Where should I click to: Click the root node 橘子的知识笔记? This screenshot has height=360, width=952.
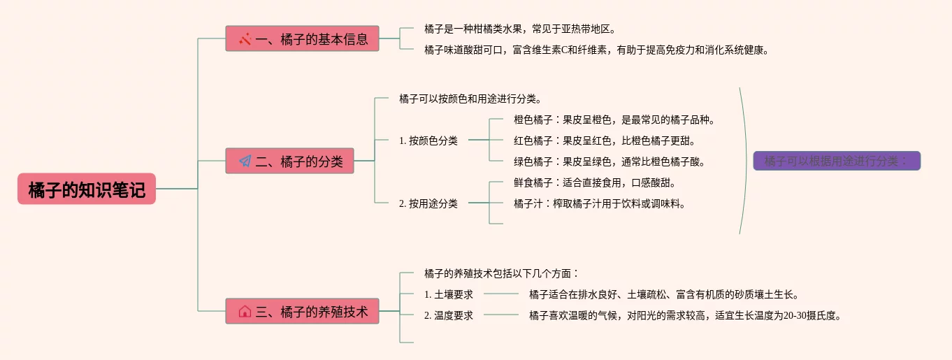[87, 189]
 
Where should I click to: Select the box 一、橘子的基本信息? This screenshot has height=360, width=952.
[302, 38]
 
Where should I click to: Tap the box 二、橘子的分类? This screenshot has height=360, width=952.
[289, 161]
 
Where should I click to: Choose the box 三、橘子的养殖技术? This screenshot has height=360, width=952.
[302, 311]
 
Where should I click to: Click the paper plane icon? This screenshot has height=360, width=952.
[245, 161]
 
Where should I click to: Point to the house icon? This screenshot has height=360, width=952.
[245, 312]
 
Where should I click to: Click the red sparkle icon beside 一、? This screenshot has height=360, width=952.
[245, 39]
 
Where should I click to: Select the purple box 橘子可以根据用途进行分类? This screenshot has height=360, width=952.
[837, 161]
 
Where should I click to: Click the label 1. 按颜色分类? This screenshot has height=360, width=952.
[428, 141]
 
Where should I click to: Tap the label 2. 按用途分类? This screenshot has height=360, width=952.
[428, 203]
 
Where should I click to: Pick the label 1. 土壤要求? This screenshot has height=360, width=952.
[448, 294]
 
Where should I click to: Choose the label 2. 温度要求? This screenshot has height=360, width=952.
[448, 315]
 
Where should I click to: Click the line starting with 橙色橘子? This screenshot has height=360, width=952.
[614, 120]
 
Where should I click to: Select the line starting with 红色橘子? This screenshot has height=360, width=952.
[605, 141]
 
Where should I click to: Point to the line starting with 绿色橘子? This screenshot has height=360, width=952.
[610, 161]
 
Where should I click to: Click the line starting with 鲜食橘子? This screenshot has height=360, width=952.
[595, 182]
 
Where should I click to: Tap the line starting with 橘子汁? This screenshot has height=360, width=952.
[599, 203]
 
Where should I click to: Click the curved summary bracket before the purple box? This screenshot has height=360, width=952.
[747, 161]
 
